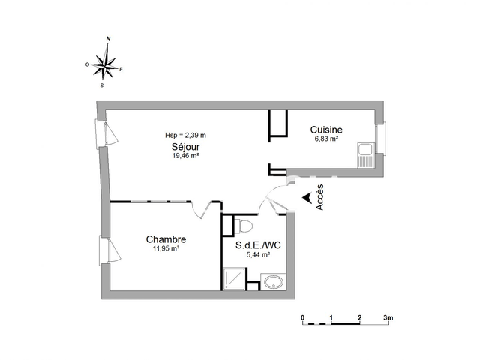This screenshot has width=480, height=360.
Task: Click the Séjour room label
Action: (x=184, y=147)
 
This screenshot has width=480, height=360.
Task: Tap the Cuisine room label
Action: (x=326, y=130)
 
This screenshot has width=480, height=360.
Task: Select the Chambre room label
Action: (x=166, y=239)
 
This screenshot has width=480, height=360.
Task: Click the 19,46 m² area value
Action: (x=185, y=156)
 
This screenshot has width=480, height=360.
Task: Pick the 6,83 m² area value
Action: (x=326, y=139)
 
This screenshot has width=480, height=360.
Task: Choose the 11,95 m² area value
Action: (x=166, y=248)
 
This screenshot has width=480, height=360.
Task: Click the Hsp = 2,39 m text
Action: (x=185, y=135)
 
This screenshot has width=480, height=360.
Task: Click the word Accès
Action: (x=320, y=196)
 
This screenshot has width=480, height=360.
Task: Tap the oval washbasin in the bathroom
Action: (x=272, y=282)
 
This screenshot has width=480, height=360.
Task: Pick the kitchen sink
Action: (x=366, y=154)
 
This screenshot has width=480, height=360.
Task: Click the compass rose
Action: (x=109, y=63)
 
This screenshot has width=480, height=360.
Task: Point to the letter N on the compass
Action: (x=109, y=38)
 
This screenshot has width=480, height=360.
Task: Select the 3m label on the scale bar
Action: (x=388, y=318)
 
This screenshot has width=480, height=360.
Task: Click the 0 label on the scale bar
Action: (x=303, y=318)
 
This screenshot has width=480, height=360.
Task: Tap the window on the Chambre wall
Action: (x=106, y=250)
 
